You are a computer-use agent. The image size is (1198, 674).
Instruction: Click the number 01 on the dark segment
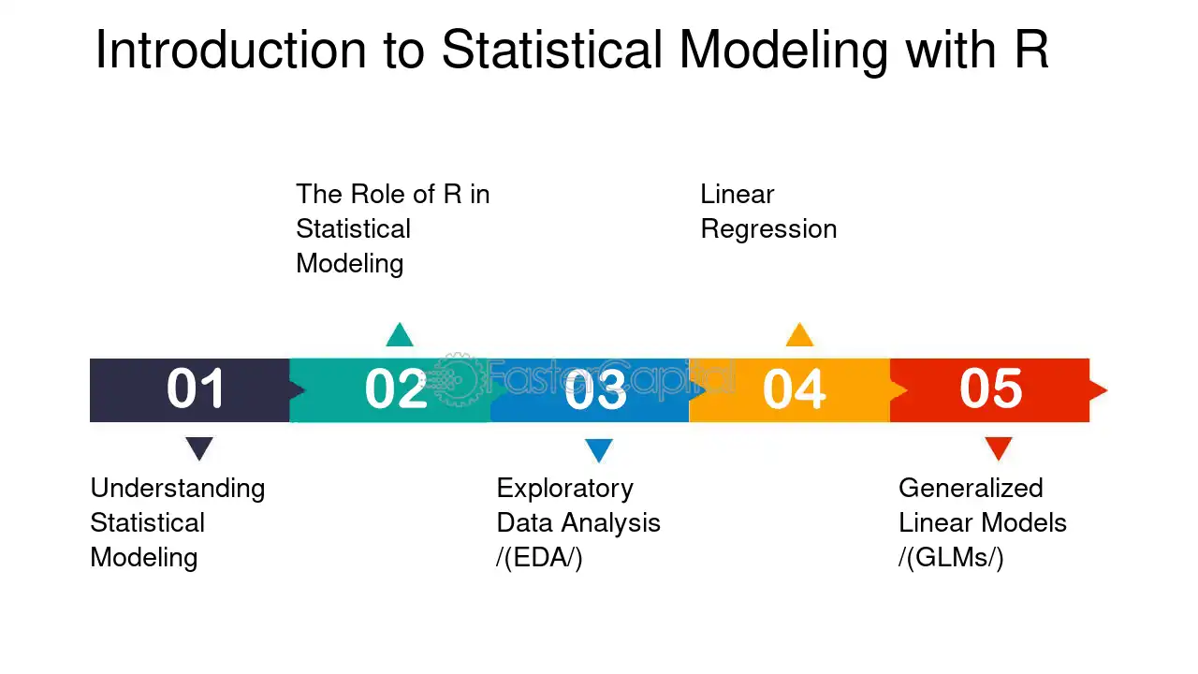coord(196,388)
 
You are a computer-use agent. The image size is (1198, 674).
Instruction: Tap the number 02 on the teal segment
coord(396,388)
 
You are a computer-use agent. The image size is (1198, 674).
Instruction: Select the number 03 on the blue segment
coord(595,389)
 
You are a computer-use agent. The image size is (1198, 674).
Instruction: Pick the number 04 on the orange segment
coord(795,389)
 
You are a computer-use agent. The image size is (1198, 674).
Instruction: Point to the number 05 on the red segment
coord(991,388)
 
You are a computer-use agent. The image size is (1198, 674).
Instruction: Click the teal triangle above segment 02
coord(400,335)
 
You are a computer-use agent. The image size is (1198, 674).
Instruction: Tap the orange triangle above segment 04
coord(799,335)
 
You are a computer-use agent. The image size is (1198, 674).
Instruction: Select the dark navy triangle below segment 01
coord(199,448)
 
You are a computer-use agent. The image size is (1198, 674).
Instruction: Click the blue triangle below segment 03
coord(599,450)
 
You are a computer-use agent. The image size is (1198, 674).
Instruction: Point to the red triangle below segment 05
coord(999,448)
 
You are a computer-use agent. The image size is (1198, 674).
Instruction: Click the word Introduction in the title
coord(230,50)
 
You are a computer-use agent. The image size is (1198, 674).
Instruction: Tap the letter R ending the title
coord(1031,50)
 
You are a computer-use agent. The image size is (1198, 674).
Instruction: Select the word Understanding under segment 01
coord(178,489)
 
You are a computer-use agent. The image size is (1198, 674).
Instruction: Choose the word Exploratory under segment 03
coord(564,489)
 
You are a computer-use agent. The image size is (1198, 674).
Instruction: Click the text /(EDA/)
coord(539,557)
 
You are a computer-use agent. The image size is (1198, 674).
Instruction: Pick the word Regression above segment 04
coord(768,230)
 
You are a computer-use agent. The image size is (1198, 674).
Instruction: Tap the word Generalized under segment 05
coord(971,488)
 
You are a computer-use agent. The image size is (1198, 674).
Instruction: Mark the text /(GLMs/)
coord(951,557)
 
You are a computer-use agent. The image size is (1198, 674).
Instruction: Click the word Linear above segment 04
coord(737,194)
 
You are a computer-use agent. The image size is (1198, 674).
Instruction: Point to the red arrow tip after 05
coord(1106,390)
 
